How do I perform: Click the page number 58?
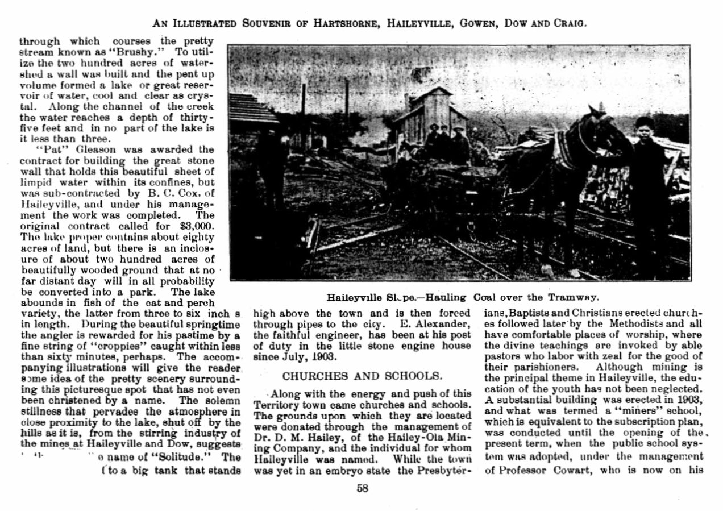pyautogui.click(x=362, y=488)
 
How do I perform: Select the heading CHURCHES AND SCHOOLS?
pyautogui.click(x=361, y=376)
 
